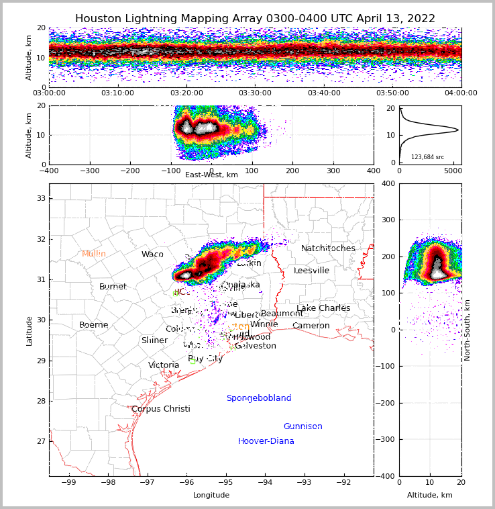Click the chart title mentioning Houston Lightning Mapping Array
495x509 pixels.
tap(255, 19)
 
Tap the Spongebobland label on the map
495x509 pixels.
tap(259, 398)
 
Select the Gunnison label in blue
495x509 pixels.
tap(302, 426)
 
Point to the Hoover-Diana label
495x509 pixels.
tap(266, 441)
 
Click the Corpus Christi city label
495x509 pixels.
tap(161, 409)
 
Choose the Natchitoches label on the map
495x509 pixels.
tap(328, 248)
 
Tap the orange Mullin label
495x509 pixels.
tap(94, 254)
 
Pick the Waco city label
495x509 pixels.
tap(152, 254)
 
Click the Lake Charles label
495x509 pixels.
tap(323, 308)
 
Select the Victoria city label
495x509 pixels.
tap(164, 365)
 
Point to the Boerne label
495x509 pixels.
tap(94, 325)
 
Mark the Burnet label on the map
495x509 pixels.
tap(113, 287)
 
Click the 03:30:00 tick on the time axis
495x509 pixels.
tap(255, 93)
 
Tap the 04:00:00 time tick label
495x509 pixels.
tap(461, 93)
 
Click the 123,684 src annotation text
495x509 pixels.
tap(427, 157)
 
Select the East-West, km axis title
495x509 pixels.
tap(211, 175)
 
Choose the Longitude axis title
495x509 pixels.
tap(211, 496)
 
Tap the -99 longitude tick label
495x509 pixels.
tap(69, 482)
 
